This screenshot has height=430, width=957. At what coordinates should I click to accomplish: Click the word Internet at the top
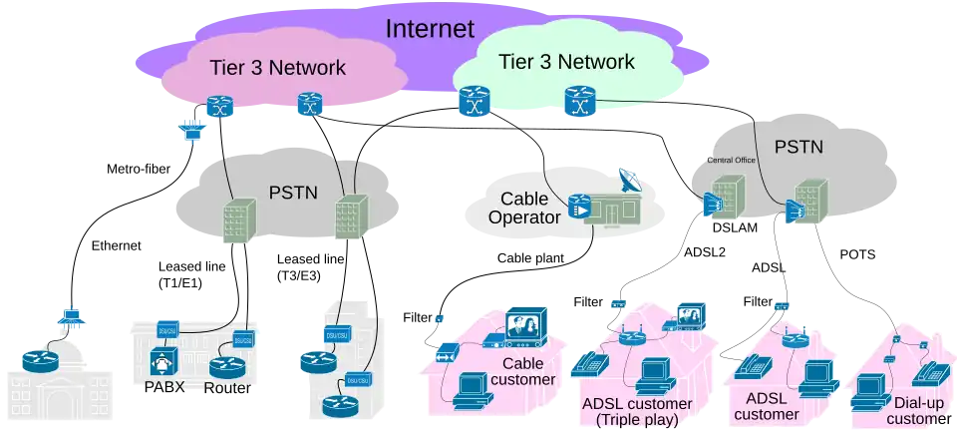tap(430, 28)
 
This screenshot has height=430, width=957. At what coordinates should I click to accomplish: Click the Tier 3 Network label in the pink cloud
tap(277, 68)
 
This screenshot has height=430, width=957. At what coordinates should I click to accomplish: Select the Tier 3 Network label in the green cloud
tap(566, 62)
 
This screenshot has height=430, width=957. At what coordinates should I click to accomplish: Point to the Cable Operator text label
tap(524, 208)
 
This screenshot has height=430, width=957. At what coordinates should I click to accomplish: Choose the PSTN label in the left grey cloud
tap(293, 191)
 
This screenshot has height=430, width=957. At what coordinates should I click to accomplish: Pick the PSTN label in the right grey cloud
tap(798, 147)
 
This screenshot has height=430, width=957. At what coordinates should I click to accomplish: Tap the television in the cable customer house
tap(527, 324)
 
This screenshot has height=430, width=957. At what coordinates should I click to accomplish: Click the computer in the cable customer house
tap(469, 388)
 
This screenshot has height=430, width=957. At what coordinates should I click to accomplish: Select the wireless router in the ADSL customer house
tap(795, 337)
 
